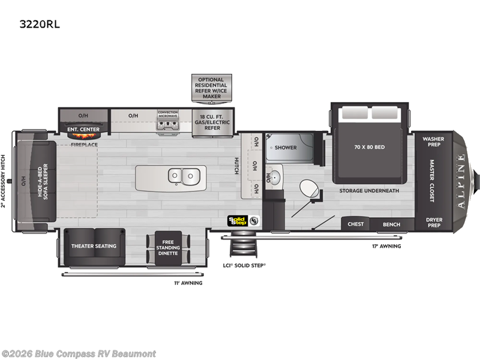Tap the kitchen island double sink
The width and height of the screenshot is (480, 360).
click(184, 176)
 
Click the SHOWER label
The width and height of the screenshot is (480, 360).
click(286, 147)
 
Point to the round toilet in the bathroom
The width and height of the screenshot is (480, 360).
click(310, 190)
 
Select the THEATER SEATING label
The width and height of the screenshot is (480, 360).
click(94, 246)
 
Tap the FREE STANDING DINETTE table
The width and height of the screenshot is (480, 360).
click(168, 247)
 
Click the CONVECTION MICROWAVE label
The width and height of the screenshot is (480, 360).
click(168, 113)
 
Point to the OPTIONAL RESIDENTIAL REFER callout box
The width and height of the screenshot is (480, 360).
click(211, 88)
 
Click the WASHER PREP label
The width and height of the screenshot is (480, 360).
click(433, 142)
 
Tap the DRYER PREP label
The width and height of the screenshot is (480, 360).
click(434, 222)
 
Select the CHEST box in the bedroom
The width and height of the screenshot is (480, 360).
click(356, 224)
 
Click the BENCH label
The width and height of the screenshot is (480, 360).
click(392, 224)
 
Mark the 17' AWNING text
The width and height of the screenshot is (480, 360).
click(387, 246)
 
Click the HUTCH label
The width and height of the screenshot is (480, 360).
click(236, 166)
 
